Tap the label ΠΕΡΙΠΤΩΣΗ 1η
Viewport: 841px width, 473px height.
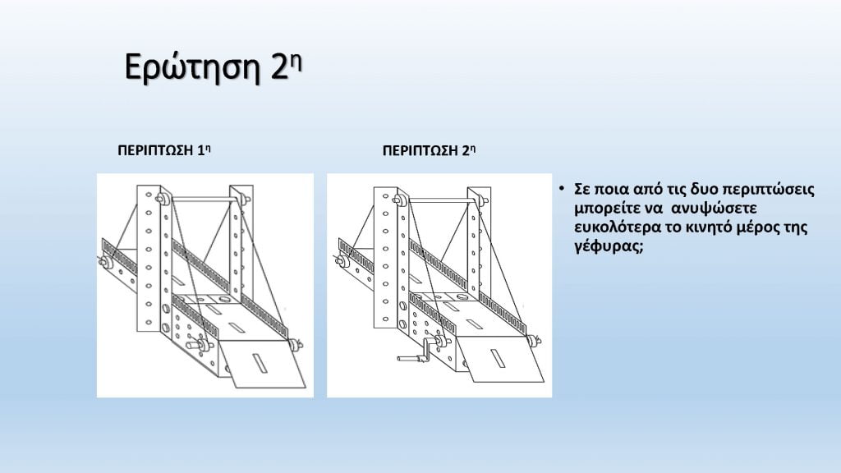(163, 150)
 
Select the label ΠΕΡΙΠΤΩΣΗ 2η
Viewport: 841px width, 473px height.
(429, 150)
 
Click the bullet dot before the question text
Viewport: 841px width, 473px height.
(561, 188)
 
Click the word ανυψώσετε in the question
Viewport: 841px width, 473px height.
(714, 208)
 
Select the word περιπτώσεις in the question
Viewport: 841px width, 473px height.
(768, 190)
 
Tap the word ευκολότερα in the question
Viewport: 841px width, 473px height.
(618, 227)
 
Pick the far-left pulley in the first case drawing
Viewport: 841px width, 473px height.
(104, 262)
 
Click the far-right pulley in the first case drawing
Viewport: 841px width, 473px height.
(295, 344)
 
